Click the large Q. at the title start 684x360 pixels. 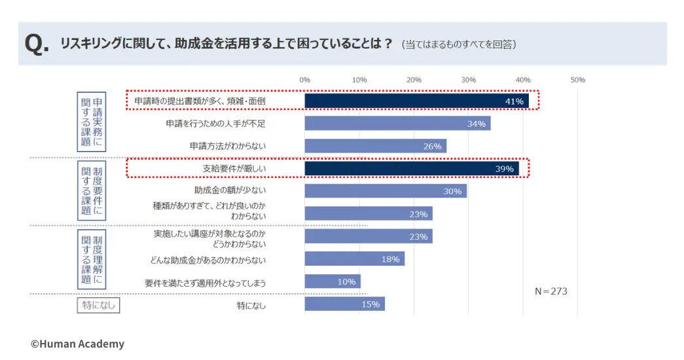(x=37, y=45)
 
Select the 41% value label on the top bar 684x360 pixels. (x=514, y=101)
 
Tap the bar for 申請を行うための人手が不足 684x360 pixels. (x=397, y=124)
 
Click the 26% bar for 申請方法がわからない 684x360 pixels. (x=375, y=146)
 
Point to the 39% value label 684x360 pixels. (x=504, y=169)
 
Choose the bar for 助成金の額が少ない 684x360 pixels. (x=386, y=191)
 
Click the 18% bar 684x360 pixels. (x=354, y=259)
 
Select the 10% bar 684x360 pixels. (x=332, y=281)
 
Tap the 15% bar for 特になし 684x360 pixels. (x=344, y=304)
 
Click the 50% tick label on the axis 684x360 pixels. (x=577, y=80)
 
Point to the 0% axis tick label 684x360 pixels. (x=304, y=80)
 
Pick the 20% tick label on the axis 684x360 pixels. (x=414, y=80)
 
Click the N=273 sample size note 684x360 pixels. (x=550, y=291)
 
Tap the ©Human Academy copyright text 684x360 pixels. (x=77, y=344)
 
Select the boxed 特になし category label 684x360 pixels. (x=98, y=305)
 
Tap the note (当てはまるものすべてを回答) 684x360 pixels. (x=459, y=45)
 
